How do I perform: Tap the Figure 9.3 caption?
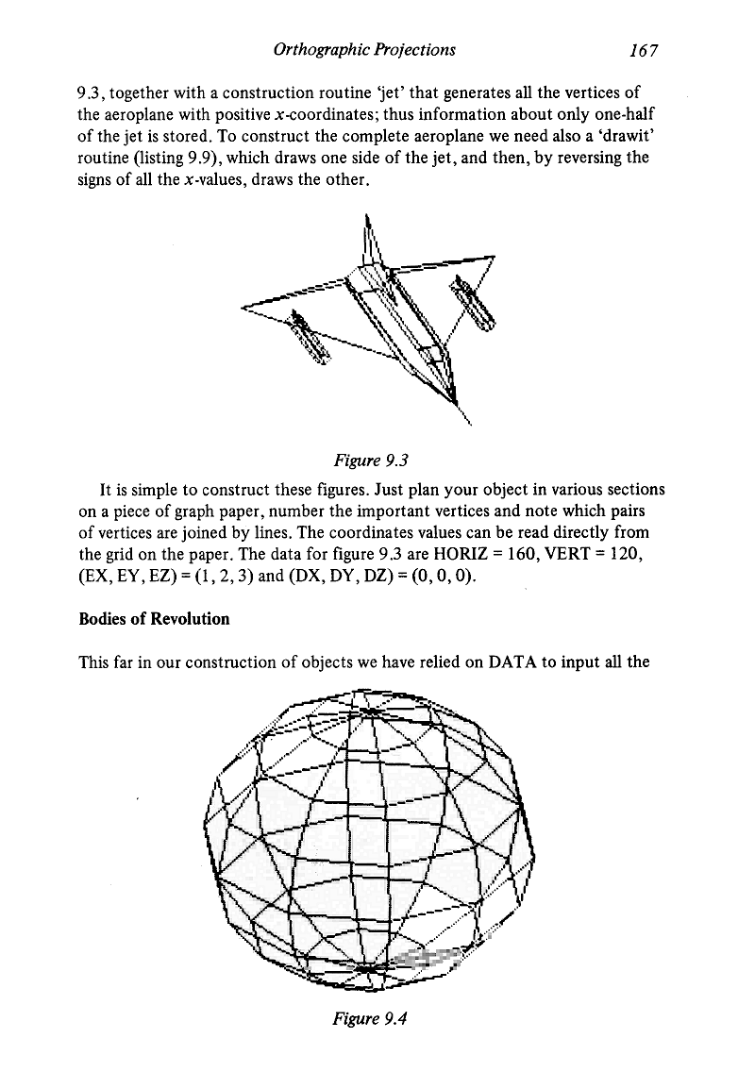coord(376,459)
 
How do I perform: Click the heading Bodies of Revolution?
coord(155,619)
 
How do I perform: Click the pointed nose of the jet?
coord(469,426)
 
